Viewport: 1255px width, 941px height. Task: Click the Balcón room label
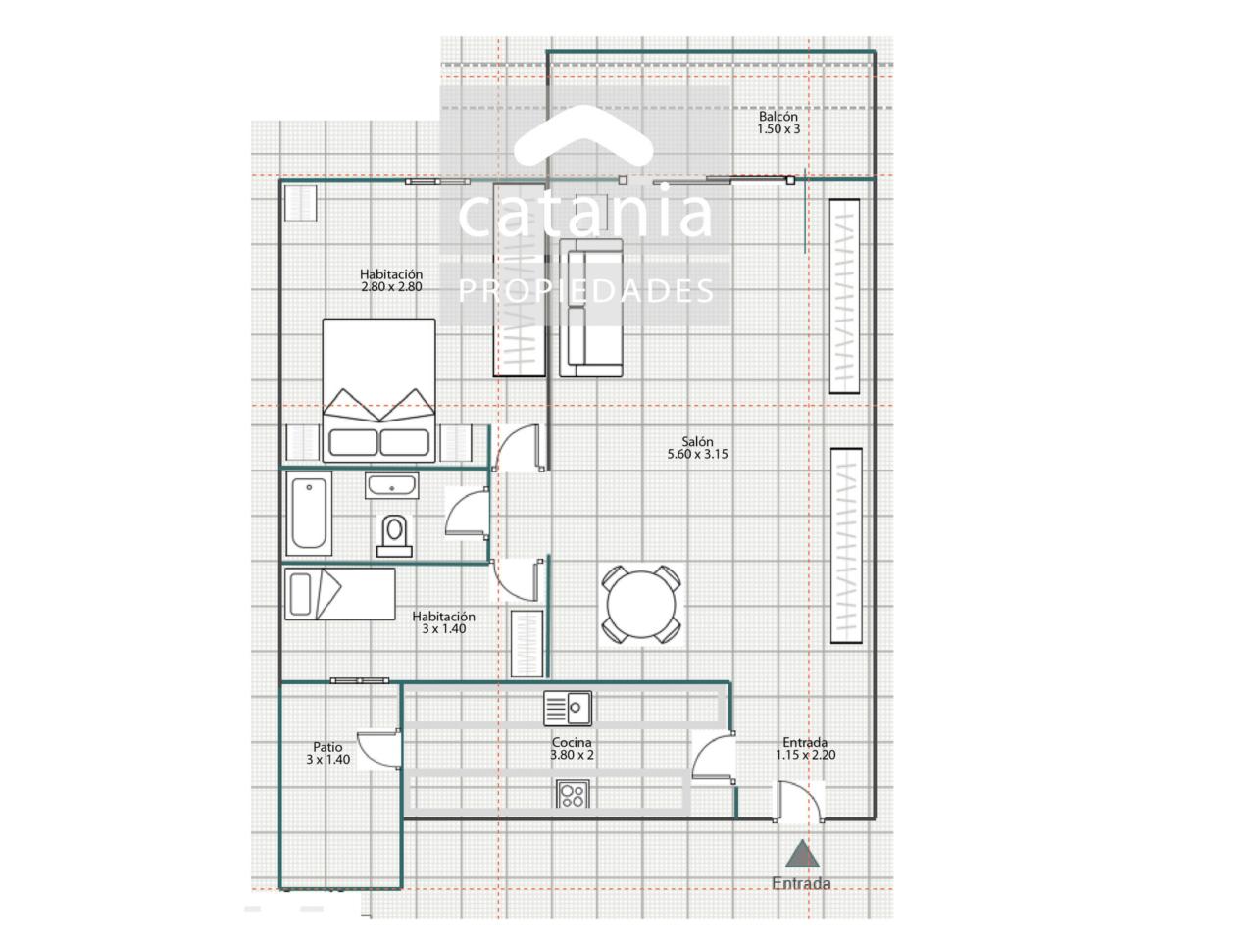[x=778, y=123]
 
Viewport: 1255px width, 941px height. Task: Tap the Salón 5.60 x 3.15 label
[x=697, y=448]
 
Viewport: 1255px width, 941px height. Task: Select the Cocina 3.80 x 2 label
[x=572, y=749]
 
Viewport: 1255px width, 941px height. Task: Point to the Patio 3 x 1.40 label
[x=327, y=753]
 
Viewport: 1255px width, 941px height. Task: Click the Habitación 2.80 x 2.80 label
[x=391, y=280]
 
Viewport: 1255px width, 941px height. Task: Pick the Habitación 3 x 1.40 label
[x=444, y=622]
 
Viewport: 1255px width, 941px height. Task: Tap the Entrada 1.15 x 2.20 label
[x=805, y=749]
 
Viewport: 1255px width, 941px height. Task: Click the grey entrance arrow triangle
[x=802, y=854]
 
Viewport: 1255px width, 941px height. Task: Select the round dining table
[x=641, y=604]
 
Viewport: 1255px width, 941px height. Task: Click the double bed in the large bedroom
[x=378, y=390]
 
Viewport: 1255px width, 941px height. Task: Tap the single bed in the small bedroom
[x=339, y=594]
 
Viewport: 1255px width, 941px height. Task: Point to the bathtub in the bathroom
[x=309, y=513]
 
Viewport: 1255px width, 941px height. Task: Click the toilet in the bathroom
[x=394, y=535]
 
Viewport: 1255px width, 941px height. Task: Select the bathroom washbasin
[x=391, y=485]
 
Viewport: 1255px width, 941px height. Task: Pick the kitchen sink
[x=567, y=709]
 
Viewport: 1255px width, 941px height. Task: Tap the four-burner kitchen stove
[x=573, y=795]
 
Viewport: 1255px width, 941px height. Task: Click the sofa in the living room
[x=590, y=308]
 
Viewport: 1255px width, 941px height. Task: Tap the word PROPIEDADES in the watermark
[x=586, y=291]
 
